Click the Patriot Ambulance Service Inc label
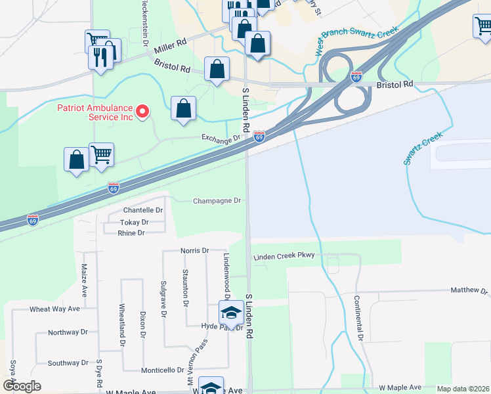pyautogui.click(x=95, y=112)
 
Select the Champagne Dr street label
pyautogui.click(x=217, y=200)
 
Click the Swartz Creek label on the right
pyautogui.click(x=423, y=148)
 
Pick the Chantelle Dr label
pyautogui.click(x=143, y=210)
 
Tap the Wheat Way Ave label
pyautogui.click(x=54, y=309)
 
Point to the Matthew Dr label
pyautogui.click(x=470, y=290)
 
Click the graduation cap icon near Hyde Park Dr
pyautogui.click(x=231, y=313)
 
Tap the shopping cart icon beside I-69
pyautogui.click(x=102, y=156)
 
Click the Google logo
pyautogui.click(x=21, y=386)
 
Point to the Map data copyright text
pyautogui.click(x=463, y=389)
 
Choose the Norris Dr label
pyautogui.click(x=194, y=251)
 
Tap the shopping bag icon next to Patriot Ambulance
pyautogui.click(x=184, y=108)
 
